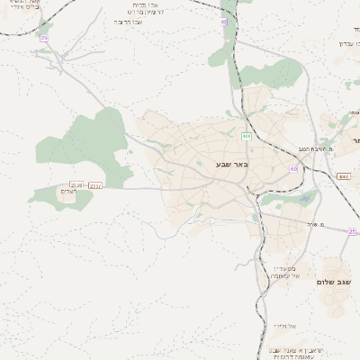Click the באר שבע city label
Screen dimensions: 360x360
(x=231, y=165)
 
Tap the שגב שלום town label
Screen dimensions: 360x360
(x=331, y=282)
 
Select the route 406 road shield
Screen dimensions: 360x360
(x=246, y=136)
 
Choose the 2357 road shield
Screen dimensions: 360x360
(x=95, y=185)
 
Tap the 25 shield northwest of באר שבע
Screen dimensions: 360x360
(x=43, y=38)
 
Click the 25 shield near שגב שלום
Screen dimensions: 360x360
(x=353, y=231)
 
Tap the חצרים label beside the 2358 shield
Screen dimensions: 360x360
(x=68, y=192)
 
